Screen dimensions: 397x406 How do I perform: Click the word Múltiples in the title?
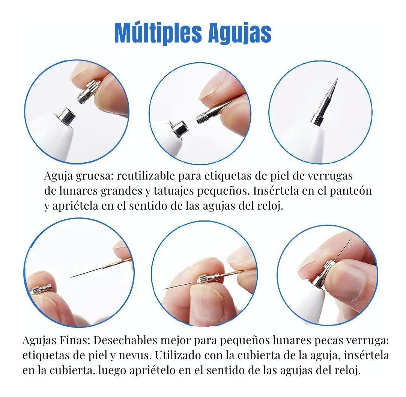154,33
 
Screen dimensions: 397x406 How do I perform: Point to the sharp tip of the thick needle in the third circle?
337,80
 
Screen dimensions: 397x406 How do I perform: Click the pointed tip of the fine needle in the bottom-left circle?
71,277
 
